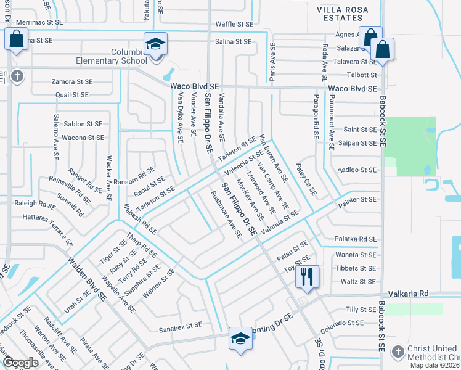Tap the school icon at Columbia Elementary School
156,45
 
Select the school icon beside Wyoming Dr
240,339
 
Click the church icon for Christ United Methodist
398,351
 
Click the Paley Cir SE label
305,183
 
